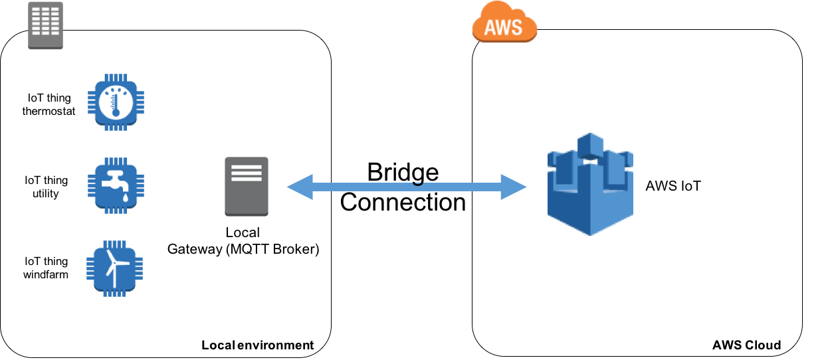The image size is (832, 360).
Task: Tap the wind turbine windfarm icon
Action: (x=116, y=267)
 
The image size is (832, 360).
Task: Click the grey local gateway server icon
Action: (x=247, y=186)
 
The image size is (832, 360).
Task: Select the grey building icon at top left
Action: (x=45, y=25)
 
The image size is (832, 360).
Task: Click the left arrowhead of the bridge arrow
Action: (x=298, y=187)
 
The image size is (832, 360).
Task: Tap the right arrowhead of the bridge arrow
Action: (x=516, y=187)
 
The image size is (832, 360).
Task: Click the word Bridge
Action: (x=403, y=173)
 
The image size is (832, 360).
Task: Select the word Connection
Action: (x=403, y=202)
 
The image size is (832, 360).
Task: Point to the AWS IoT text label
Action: (x=673, y=186)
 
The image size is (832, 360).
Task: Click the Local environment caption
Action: (x=257, y=345)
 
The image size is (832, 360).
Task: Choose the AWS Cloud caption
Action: (x=746, y=345)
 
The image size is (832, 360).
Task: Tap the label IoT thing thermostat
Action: (x=49, y=104)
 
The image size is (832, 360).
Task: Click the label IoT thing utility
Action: (x=46, y=187)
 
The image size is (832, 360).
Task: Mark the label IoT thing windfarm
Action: (x=46, y=268)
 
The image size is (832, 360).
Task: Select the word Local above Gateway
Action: (x=243, y=233)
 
